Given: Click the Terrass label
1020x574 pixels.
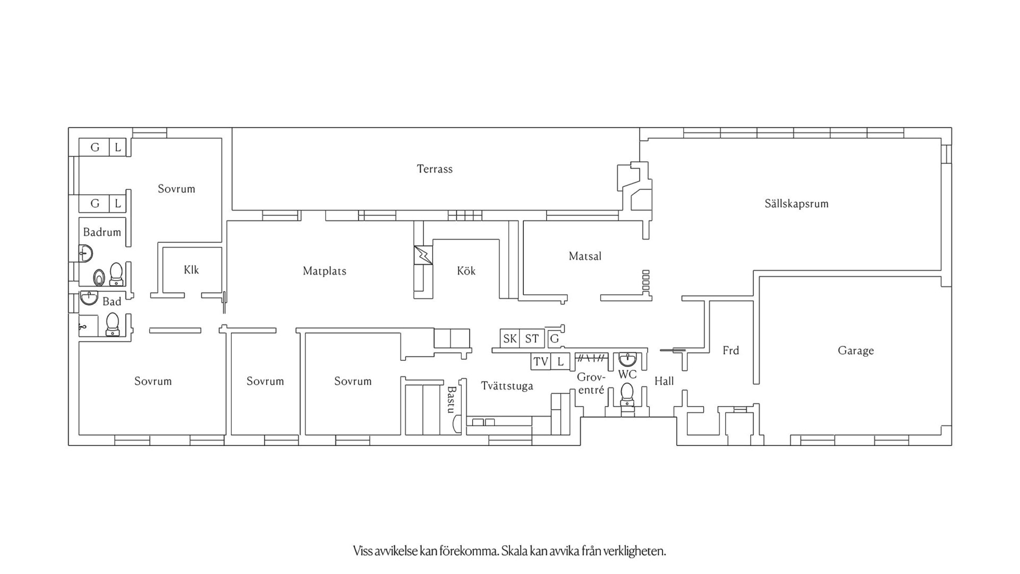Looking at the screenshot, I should point(435,169).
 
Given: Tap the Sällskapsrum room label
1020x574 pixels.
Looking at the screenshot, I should point(796,204).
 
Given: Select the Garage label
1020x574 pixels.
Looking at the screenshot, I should point(855,350).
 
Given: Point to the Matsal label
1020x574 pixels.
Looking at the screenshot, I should point(585,256).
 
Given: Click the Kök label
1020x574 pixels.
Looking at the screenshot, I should point(466,271).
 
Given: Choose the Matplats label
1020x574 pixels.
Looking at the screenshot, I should point(324,271).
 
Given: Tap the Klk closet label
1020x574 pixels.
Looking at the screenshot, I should point(191,270).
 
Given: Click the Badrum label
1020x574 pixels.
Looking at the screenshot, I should point(102,232).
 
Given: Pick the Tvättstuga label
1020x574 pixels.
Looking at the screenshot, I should point(507,386).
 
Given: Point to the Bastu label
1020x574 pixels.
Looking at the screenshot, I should point(451,399).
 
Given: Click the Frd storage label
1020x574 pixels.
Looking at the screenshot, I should point(730,350).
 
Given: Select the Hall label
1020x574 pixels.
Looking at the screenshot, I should point(664,381).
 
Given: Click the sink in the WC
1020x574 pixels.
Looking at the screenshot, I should point(627,359).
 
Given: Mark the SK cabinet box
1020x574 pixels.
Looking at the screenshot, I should point(510,339).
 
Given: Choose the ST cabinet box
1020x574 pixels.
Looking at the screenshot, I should point(532,339).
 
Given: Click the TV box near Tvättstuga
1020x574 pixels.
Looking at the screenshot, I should point(541,362).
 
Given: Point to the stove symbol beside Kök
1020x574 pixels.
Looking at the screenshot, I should point(423,255).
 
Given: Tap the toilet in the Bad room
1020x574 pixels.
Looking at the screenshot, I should point(112,324).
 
